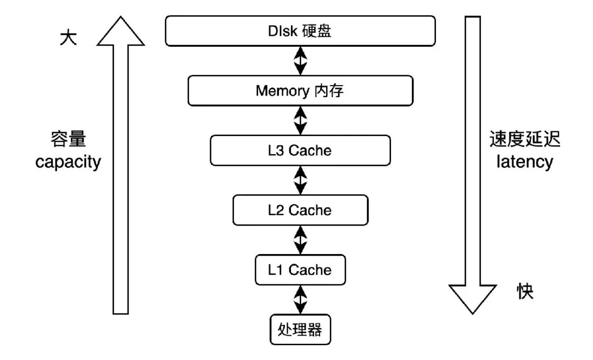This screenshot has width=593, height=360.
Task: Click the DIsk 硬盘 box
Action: click(x=300, y=31)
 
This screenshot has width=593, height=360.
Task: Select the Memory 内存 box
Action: click(x=300, y=91)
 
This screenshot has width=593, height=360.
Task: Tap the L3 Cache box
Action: click(x=300, y=150)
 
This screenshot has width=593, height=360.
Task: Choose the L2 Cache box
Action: click(x=300, y=210)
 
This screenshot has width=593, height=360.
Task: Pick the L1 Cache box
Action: click(x=300, y=270)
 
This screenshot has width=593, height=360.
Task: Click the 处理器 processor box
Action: click(x=300, y=329)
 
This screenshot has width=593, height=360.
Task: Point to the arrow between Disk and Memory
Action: click(x=300, y=61)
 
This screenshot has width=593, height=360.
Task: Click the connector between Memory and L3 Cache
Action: click(x=300, y=121)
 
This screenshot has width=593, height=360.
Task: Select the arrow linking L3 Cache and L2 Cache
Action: click(x=300, y=181)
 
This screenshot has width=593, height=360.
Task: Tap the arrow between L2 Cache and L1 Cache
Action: click(x=300, y=240)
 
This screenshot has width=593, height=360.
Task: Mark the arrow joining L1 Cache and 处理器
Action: click(x=300, y=300)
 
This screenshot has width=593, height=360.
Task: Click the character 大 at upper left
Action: click(x=69, y=38)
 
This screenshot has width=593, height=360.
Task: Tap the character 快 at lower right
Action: click(x=525, y=291)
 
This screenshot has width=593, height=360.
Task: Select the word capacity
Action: click(x=68, y=162)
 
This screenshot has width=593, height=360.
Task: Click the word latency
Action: click(x=524, y=162)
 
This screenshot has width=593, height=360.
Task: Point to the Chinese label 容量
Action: click(x=69, y=139)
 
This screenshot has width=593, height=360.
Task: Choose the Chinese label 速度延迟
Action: click(x=524, y=139)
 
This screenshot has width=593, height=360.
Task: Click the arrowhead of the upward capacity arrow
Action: click(x=121, y=31)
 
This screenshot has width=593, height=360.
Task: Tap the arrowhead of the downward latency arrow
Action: click(x=472, y=299)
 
